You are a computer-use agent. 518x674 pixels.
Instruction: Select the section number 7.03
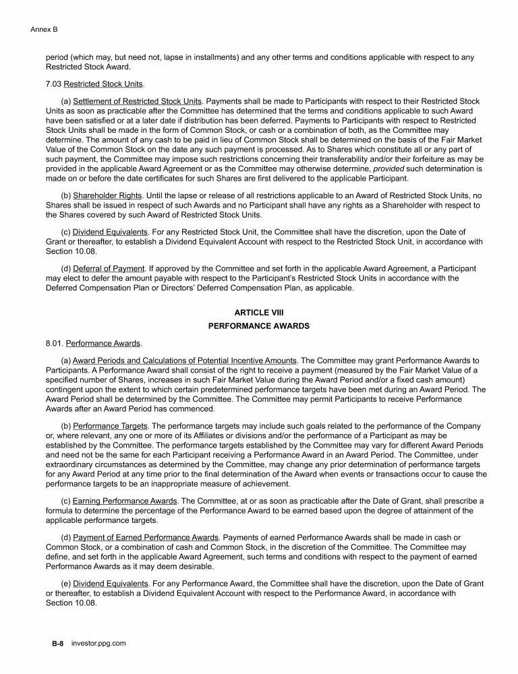pyautogui.click(x=53, y=84)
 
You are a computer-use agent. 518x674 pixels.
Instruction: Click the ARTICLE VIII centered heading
pyautogui.click(x=259, y=313)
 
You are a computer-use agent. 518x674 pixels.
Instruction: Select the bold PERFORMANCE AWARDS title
pyautogui.click(x=259, y=326)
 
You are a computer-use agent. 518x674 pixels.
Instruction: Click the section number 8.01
pyautogui.click(x=54, y=343)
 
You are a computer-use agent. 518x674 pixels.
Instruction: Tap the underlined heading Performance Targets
pyautogui.click(x=105, y=427)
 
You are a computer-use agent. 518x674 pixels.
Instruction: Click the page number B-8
pyautogui.click(x=57, y=644)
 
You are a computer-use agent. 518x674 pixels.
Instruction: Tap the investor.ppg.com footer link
pyautogui.click(x=98, y=644)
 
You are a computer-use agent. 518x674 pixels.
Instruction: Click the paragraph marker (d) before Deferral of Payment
pyautogui.click(x=65, y=269)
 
